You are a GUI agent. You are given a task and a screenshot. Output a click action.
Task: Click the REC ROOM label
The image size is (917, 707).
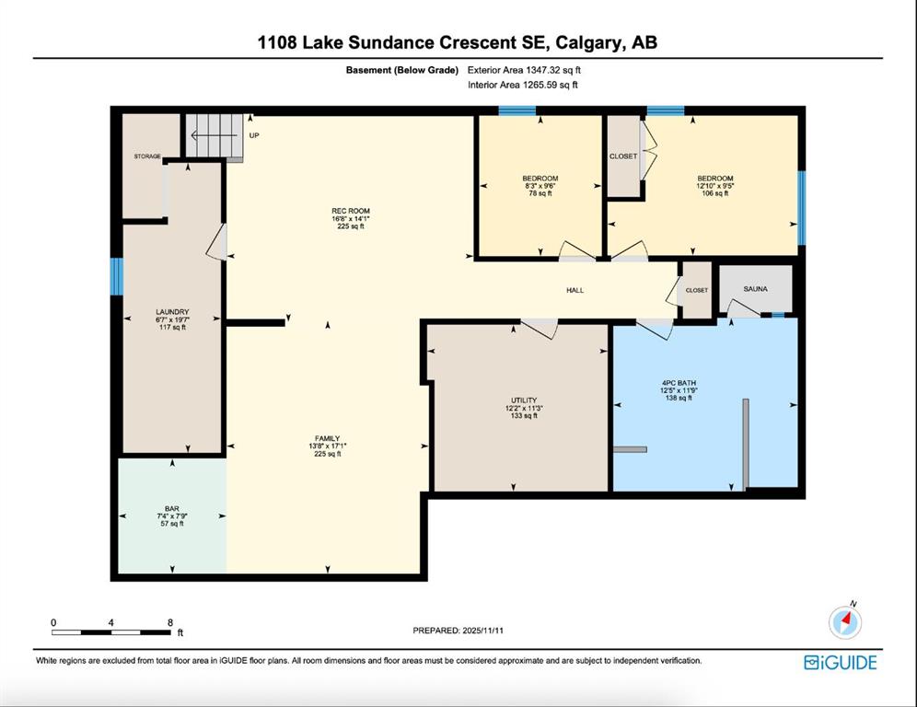[350, 211]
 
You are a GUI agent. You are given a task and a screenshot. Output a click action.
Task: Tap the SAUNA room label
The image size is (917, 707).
[756, 289]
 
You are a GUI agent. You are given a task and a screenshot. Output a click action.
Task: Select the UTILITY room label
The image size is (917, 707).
[524, 400]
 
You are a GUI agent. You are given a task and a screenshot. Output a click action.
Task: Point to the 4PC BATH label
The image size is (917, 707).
[679, 383]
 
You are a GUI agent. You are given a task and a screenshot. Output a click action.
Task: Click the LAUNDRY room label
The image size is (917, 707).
[172, 312]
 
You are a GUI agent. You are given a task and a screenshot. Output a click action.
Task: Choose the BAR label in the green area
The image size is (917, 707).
[172, 509]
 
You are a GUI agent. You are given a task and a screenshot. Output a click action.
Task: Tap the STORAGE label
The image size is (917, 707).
[147, 156]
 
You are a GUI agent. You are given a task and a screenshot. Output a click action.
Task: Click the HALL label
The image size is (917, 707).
[575, 290]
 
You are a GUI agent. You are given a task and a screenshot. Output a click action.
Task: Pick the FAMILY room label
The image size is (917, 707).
[328, 438]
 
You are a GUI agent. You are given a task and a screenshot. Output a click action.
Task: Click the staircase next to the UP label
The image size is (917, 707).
[214, 135]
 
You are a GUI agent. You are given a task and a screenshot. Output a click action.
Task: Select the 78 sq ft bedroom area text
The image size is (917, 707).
[540, 193]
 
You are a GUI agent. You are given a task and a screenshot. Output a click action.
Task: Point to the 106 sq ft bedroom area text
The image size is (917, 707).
[714, 193]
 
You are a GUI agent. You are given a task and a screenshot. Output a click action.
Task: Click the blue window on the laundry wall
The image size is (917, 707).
[117, 276]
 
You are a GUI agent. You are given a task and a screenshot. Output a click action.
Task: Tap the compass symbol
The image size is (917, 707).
[845, 622]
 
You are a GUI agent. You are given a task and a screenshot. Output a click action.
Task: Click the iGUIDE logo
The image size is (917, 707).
[841, 662]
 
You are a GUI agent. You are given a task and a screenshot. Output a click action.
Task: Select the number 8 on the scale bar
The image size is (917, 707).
[170, 622]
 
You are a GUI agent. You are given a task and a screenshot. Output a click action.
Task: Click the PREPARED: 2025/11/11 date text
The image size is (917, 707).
[458, 631]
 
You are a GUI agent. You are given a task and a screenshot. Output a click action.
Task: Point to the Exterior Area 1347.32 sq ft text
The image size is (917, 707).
[524, 70]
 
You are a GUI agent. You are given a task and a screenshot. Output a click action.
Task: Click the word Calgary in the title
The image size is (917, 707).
[588, 42]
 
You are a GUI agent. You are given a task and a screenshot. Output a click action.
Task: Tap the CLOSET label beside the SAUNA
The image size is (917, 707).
[697, 290]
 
